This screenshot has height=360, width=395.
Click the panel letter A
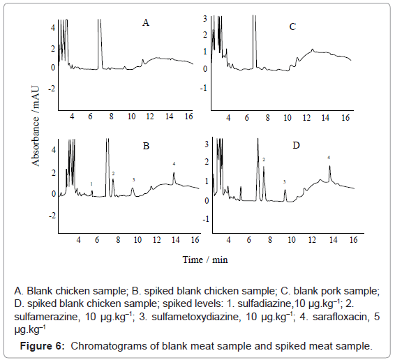[x=146, y=23]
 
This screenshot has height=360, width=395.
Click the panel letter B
[x=146, y=146]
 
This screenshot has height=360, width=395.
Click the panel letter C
[x=292, y=27]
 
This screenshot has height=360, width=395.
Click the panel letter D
[x=296, y=145]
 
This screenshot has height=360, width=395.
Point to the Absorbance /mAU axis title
[x=36, y=126]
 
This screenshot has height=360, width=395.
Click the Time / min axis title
[x=205, y=260]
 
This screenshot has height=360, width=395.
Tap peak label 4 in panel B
[x=174, y=164]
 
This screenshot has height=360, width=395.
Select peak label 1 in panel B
[x=91, y=184]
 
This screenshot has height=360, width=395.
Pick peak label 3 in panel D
[x=285, y=182]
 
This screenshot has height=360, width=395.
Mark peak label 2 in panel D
[x=264, y=160]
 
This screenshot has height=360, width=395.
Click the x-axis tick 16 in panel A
[x=188, y=116]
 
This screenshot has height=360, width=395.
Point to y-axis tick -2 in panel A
[x=52, y=89]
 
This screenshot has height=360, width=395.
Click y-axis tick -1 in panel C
[x=204, y=88]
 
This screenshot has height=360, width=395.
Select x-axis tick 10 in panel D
[x=291, y=239]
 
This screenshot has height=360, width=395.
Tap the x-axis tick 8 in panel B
[x=118, y=240]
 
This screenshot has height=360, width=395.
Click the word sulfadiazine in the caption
[x=264, y=303]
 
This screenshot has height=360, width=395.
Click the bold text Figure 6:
[x=43, y=346]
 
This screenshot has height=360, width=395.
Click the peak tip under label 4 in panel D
[x=329, y=166]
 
